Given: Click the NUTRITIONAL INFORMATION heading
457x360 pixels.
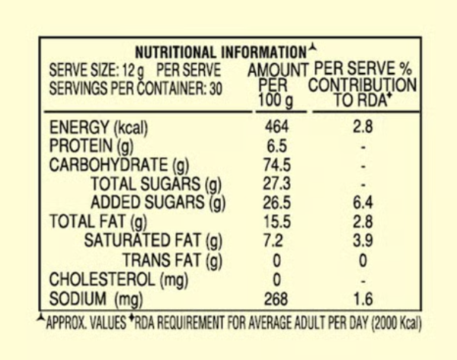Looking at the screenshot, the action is coord(221,53).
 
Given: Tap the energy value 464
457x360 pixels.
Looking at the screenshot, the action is coord(276,127).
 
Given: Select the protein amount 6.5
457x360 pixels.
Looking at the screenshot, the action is coord(276,146).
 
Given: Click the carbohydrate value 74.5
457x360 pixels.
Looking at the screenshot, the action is coord(277,165).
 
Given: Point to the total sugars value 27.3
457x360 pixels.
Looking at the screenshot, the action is coord(277,183).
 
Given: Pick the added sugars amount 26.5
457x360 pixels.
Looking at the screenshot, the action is coord(277,202).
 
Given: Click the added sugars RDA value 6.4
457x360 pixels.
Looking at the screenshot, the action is coord(363,202).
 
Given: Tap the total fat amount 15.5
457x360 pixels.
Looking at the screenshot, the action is coord(277,221).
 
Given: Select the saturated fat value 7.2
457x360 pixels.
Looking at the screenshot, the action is coord(273,241).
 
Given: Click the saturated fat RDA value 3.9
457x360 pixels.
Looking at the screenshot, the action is coord(363,241).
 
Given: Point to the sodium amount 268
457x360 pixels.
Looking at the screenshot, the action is coord(276,299).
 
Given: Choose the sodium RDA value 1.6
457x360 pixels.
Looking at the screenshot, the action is coord(363,299).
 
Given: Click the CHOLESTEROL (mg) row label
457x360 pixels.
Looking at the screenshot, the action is coord(118,280).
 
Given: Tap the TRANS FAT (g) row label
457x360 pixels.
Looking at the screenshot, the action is coord(172,260).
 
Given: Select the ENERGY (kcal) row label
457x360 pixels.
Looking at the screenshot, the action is coord(98,128).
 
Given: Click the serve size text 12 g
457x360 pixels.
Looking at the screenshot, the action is coord(133,71).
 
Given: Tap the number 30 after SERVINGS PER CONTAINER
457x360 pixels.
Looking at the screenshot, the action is coord(216,88).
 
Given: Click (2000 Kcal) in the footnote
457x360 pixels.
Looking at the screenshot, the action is coord(396,323).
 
